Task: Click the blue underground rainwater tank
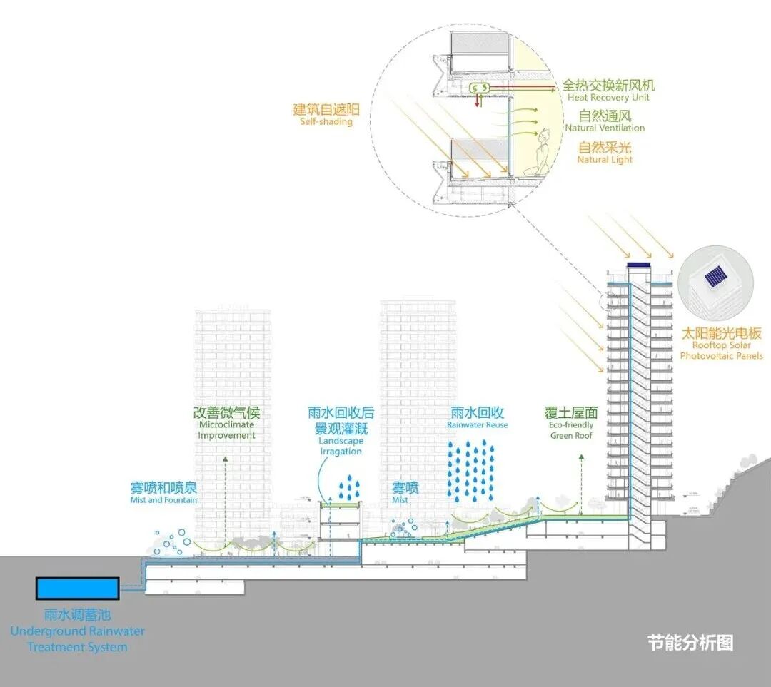(x=77, y=589)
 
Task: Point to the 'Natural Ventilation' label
(x=605, y=128)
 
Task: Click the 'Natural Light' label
(x=605, y=160)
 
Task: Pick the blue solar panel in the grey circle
(x=714, y=277)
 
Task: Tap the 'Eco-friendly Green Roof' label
(x=571, y=430)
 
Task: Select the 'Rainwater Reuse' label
(x=478, y=425)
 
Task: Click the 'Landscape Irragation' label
(x=341, y=446)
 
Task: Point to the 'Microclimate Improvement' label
(x=226, y=430)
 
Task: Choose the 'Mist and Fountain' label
(x=163, y=500)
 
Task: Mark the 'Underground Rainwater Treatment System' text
(x=77, y=639)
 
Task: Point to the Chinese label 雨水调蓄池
(x=77, y=615)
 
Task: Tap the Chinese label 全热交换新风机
(x=608, y=84)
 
